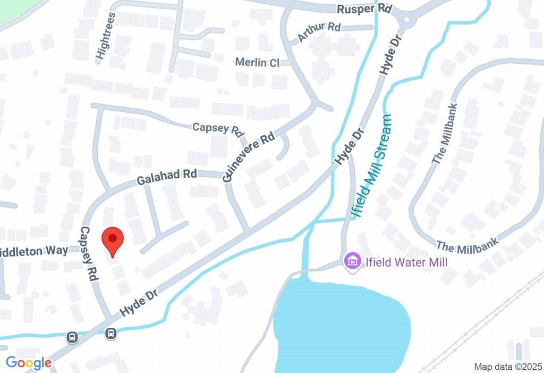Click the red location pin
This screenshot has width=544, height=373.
click(x=112, y=241)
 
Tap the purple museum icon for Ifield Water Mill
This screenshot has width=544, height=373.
click(x=352, y=261)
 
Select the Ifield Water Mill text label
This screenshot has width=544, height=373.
click(x=406, y=262)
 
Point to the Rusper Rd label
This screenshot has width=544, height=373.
click(x=364, y=10)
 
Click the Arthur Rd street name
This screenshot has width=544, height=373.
click(x=319, y=32)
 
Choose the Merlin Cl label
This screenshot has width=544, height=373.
click(x=257, y=62)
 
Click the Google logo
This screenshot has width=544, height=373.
click(x=29, y=363)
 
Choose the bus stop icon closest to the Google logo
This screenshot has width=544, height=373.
click(x=73, y=337)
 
